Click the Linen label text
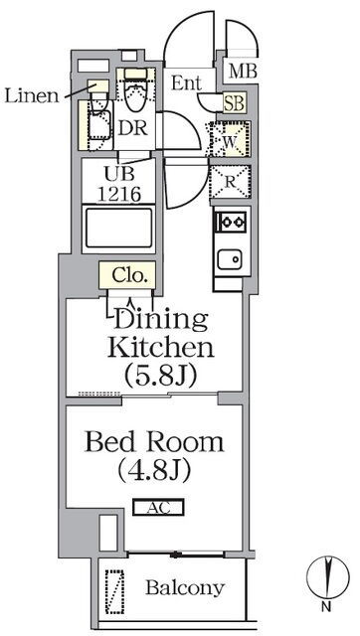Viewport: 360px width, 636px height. click(x=32, y=95)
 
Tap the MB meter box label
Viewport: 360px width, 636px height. click(x=243, y=72)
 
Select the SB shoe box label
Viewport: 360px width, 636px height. click(x=234, y=103)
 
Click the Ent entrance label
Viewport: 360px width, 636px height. click(x=186, y=82)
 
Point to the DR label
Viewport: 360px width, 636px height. click(x=132, y=128)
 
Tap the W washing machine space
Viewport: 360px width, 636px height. click(x=230, y=140)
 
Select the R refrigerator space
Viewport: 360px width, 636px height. click(x=230, y=182)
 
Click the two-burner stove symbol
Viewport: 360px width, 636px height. click(x=232, y=222)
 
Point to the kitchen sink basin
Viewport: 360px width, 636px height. click(x=230, y=258)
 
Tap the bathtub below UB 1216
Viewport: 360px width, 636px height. click(x=118, y=230)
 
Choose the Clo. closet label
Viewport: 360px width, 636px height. click(x=128, y=276)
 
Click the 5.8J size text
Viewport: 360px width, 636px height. click(x=161, y=376)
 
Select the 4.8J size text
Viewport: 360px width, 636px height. click(x=154, y=471)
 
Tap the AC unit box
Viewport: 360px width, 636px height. click(x=158, y=507)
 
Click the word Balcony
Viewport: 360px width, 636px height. click(x=185, y=587)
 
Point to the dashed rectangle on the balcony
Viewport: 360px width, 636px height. click(x=114, y=592)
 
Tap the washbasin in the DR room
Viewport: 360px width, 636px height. click(x=98, y=124)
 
